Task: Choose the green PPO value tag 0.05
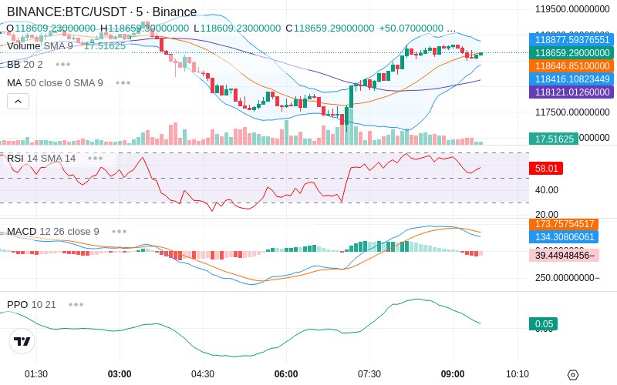tap(543, 324)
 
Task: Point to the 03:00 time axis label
tap(120, 374)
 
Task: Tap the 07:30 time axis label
tap(369, 374)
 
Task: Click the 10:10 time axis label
tap(517, 374)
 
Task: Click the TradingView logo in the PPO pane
tap(22, 341)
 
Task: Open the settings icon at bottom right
tap(572, 375)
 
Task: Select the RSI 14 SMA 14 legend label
tap(42, 158)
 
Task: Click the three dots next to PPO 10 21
tap(76, 304)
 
